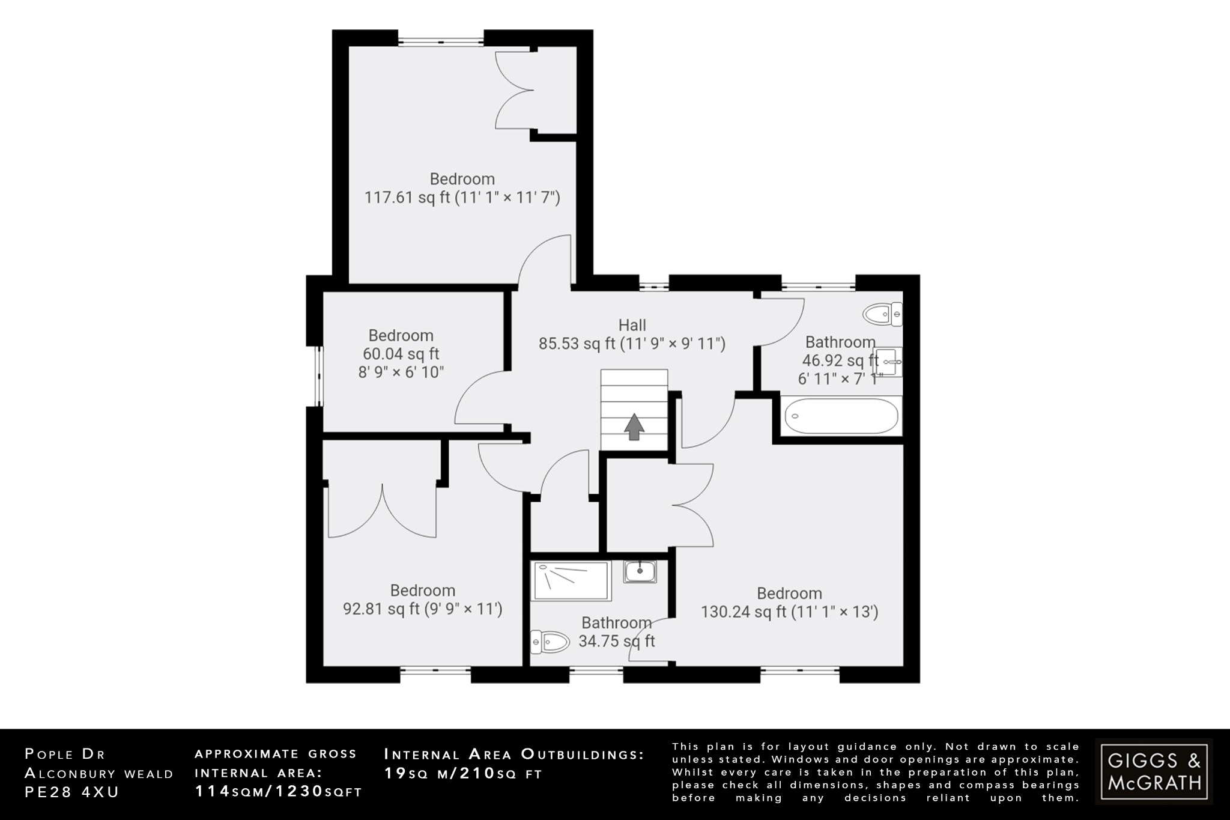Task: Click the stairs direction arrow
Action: tap(634, 427)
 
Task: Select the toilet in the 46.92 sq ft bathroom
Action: tap(882, 314)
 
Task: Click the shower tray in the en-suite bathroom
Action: tap(571, 581)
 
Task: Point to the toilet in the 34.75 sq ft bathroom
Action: tap(550, 642)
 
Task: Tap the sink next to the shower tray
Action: tap(640, 571)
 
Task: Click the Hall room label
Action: tap(632, 325)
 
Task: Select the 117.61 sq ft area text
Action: tap(407, 198)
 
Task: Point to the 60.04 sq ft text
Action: tap(401, 354)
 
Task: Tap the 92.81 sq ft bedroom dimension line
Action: tap(422, 609)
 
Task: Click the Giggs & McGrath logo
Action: tap(1154, 772)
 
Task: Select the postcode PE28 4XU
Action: tap(72, 792)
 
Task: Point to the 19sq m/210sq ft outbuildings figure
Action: tap(462, 774)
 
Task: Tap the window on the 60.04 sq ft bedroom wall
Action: tap(320, 376)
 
